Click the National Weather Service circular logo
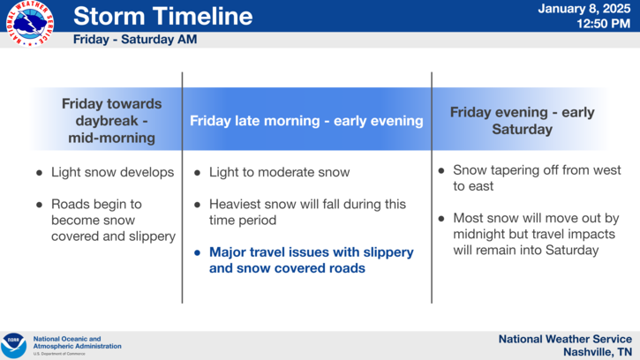click(30, 23)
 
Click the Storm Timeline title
click(162, 16)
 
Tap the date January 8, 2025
click(584, 9)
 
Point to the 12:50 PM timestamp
click(603, 24)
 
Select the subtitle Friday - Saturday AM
click(135, 39)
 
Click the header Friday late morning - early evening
click(306, 121)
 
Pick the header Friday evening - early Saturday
click(522, 120)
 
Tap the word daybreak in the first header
click(107, 121)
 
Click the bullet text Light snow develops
click(113, 172)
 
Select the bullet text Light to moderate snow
click(280, 172)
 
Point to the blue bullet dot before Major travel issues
click(197, 252)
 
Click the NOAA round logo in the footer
click(13, 345)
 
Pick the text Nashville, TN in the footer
click(598, 352)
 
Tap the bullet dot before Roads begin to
click(39, 205)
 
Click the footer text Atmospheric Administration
click(77, 346)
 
